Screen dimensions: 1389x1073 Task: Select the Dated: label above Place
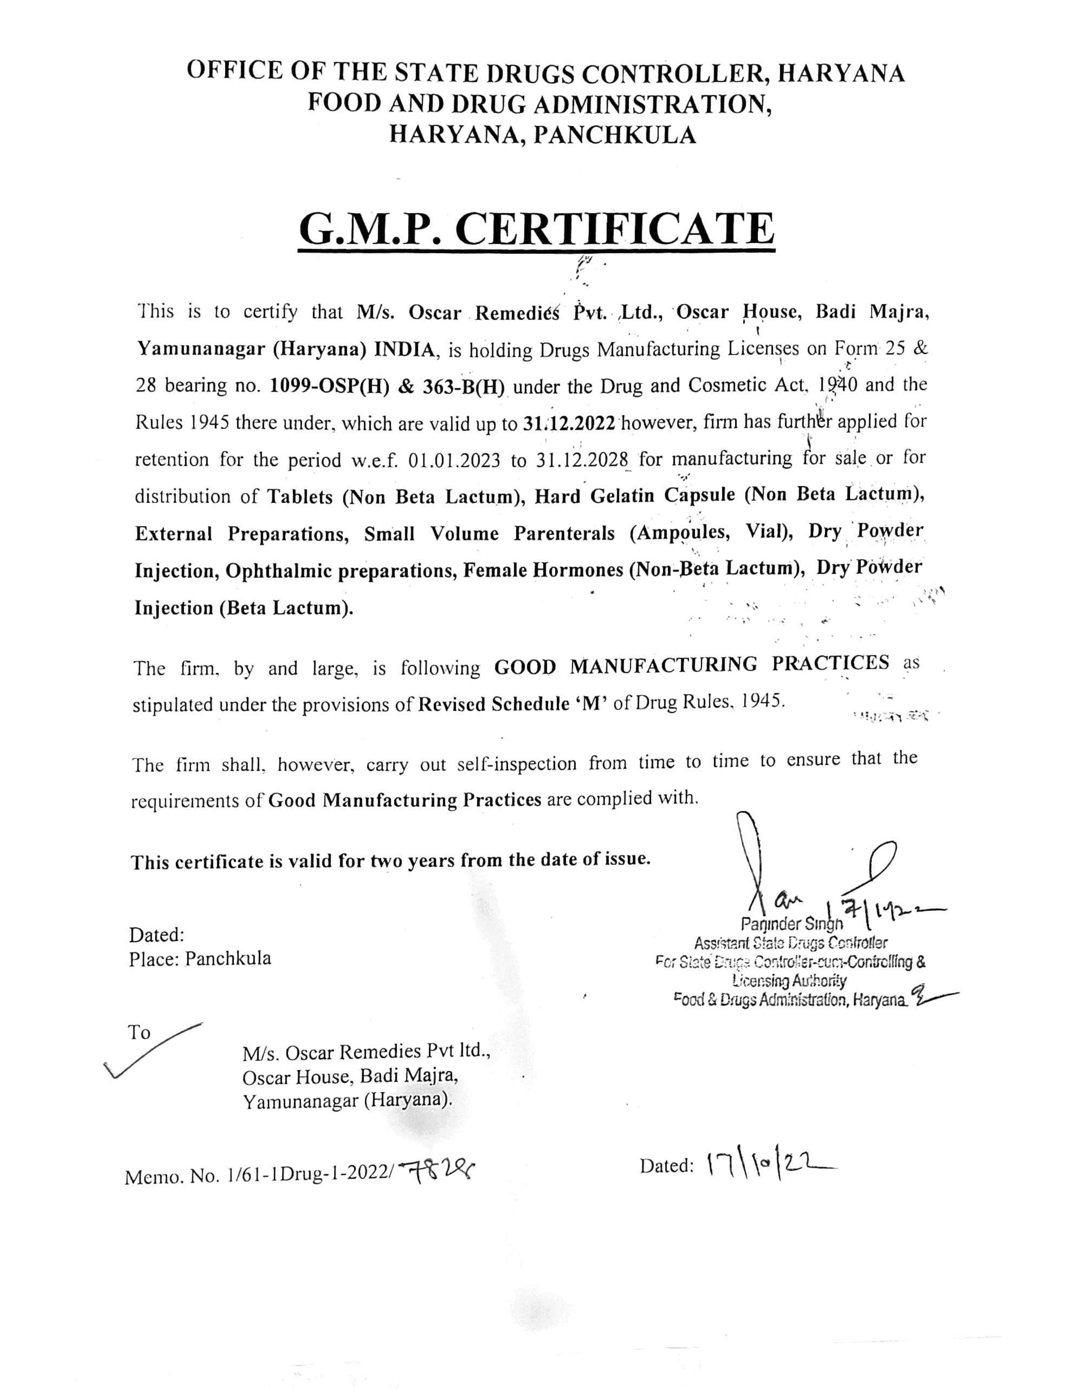(157, 935)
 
